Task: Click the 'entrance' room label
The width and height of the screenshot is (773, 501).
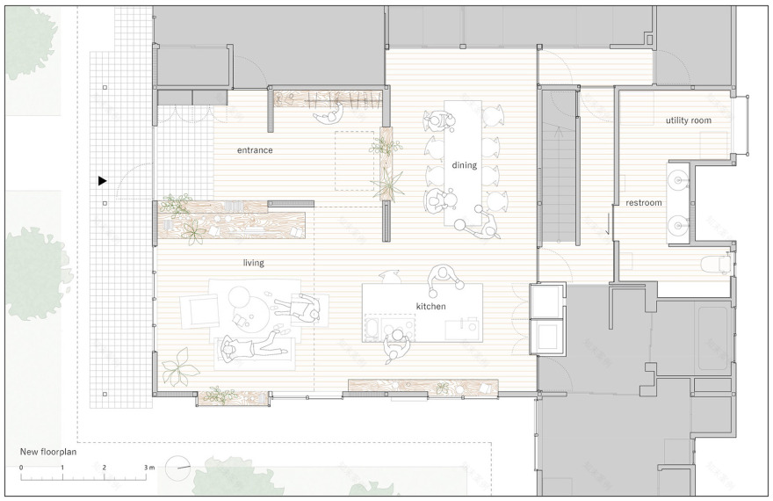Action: (255, 150)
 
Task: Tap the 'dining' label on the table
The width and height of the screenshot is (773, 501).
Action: (464, 165)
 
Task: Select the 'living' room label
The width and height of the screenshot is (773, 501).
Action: (254, 263)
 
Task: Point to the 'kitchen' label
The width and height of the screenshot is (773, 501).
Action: (430, 307)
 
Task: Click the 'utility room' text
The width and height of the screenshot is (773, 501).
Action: (689, 120)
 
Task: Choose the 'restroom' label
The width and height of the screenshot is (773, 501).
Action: (643, 203)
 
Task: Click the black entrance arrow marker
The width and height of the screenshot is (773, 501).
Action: (103, 181)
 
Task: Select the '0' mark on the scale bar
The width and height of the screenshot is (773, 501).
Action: (20, 468)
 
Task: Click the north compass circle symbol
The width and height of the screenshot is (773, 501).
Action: (177, 468)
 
